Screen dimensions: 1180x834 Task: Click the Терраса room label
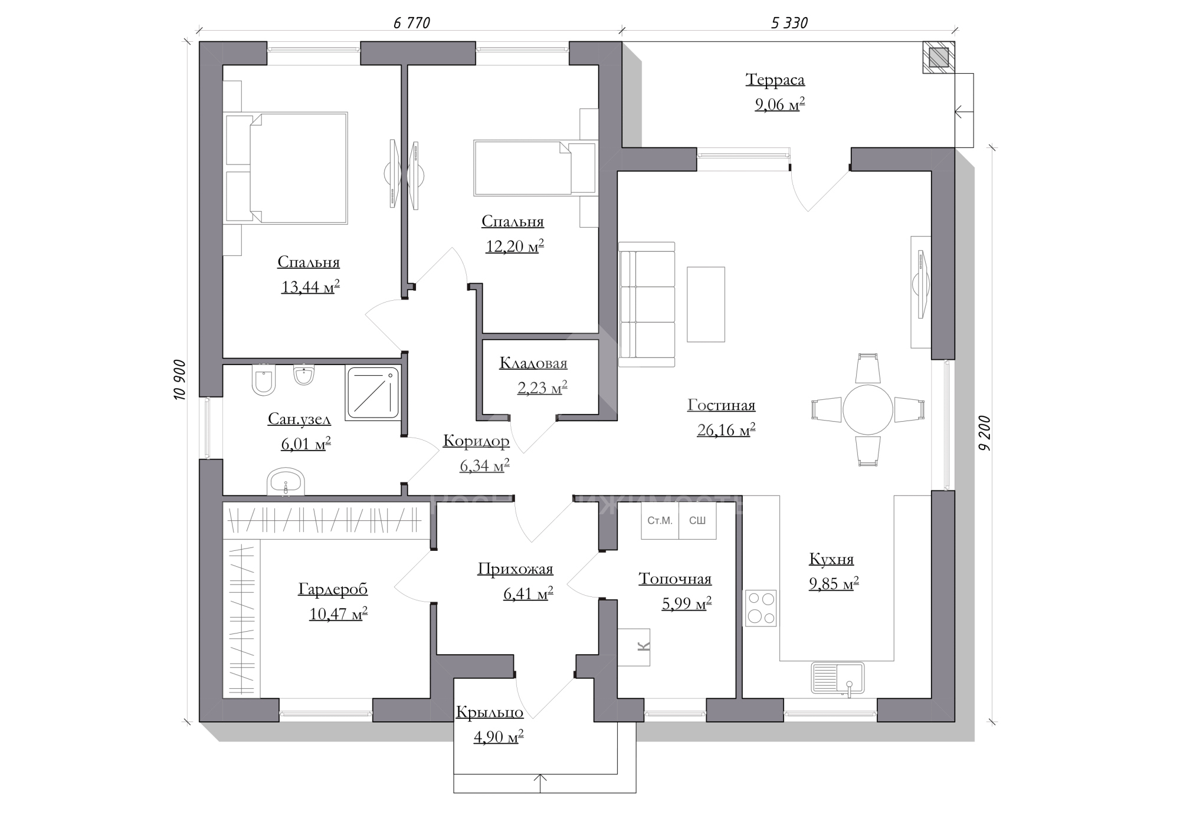[x=775, y=80]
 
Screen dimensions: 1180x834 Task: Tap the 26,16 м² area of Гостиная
[x=726, y=430]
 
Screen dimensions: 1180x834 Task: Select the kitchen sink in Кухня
[x=838, y=678]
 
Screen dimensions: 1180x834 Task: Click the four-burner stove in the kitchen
[x=761, y=608]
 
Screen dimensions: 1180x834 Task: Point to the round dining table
[x=868, y=409]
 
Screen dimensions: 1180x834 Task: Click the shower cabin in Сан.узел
[x=373, y=393]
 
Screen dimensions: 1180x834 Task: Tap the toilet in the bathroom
[x=263, y=379]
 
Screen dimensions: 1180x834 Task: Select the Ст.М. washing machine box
[x=660, y=520]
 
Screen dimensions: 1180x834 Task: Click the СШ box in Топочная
[x=697, y=520]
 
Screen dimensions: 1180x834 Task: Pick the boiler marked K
[x=634, y=647]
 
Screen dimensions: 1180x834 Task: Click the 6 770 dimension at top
[x=411, y=23]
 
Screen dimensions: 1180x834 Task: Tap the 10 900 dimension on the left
[x=180, y=380]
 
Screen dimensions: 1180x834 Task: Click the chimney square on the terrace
[x=939, y=57]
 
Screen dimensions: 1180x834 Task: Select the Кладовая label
[x=533, y=363]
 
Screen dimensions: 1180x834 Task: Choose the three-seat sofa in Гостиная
[x=647, y=304]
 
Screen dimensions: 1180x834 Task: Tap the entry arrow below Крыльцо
[x=541, y=783]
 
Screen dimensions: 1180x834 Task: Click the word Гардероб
[x=333, y=589]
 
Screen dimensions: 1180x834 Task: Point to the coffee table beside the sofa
[x=706, y=304]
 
